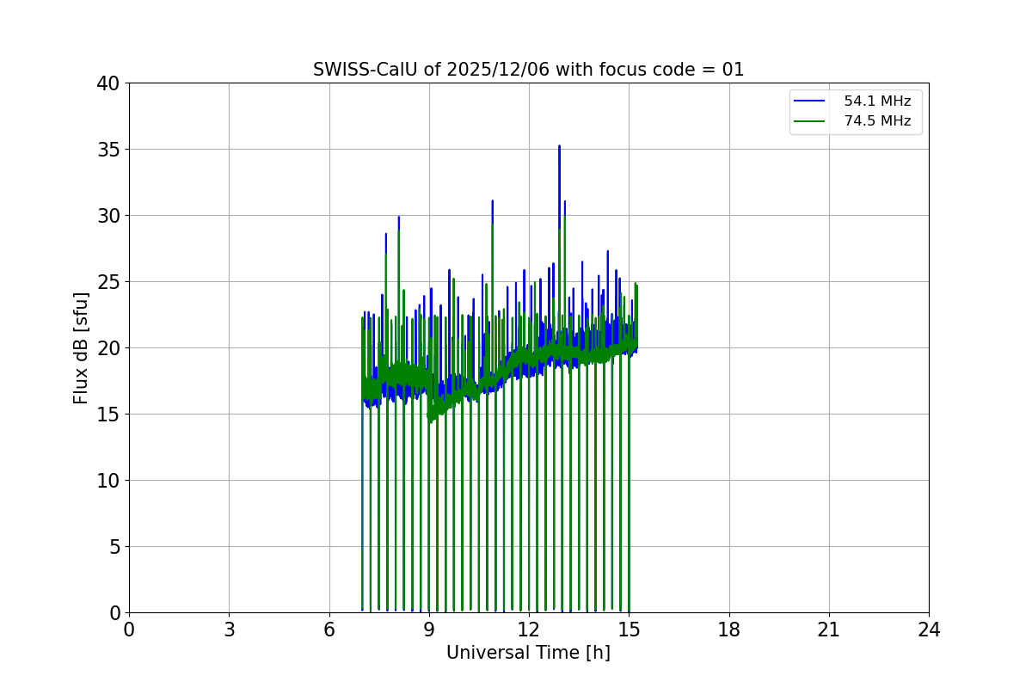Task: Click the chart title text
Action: [528, 70]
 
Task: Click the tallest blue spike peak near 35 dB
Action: [559, 146]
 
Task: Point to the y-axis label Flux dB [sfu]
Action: [81, 347]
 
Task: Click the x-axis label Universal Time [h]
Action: [528, 653]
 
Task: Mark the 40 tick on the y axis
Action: [108, 83]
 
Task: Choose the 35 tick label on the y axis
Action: [108, 150]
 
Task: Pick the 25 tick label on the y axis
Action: [108, 282]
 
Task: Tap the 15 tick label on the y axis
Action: [108, 415]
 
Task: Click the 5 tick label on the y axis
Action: [114, 547]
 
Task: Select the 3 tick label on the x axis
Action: [229, 630]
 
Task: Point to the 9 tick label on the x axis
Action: [429, 630]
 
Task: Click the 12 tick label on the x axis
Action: [529, 630]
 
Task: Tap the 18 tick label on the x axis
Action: [729, 630]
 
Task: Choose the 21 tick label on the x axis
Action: [829, 630]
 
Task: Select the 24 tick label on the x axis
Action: [929, 630]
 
